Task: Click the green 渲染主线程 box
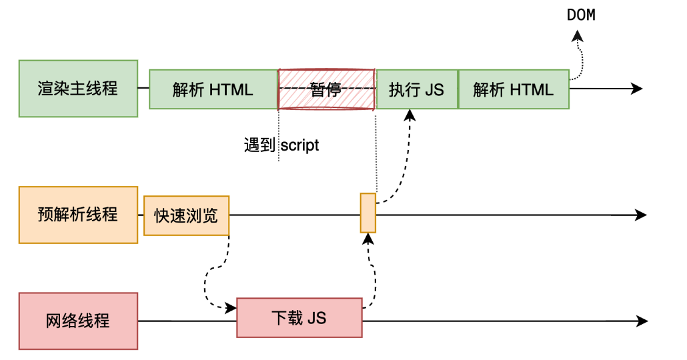[x=78, y=89]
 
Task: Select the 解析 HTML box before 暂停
[x=213, y=89]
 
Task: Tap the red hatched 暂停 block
[x=326, y=89]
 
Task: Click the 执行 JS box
[x=416, y=89]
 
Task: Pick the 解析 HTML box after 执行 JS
[x=514, y=89]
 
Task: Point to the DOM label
[x=581, y=15]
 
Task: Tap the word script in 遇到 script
[x=299, y=145]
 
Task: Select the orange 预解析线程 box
[x=78, y=215]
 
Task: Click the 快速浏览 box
[x=186, y=215]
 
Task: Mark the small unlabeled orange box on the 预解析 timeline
[x=368, y=213]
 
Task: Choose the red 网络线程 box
[x=78, y=321]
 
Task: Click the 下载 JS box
[x=299, y=318]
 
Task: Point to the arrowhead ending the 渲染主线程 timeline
[x=636, y=89]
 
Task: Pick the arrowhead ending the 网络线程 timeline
[x=641, y=321]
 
